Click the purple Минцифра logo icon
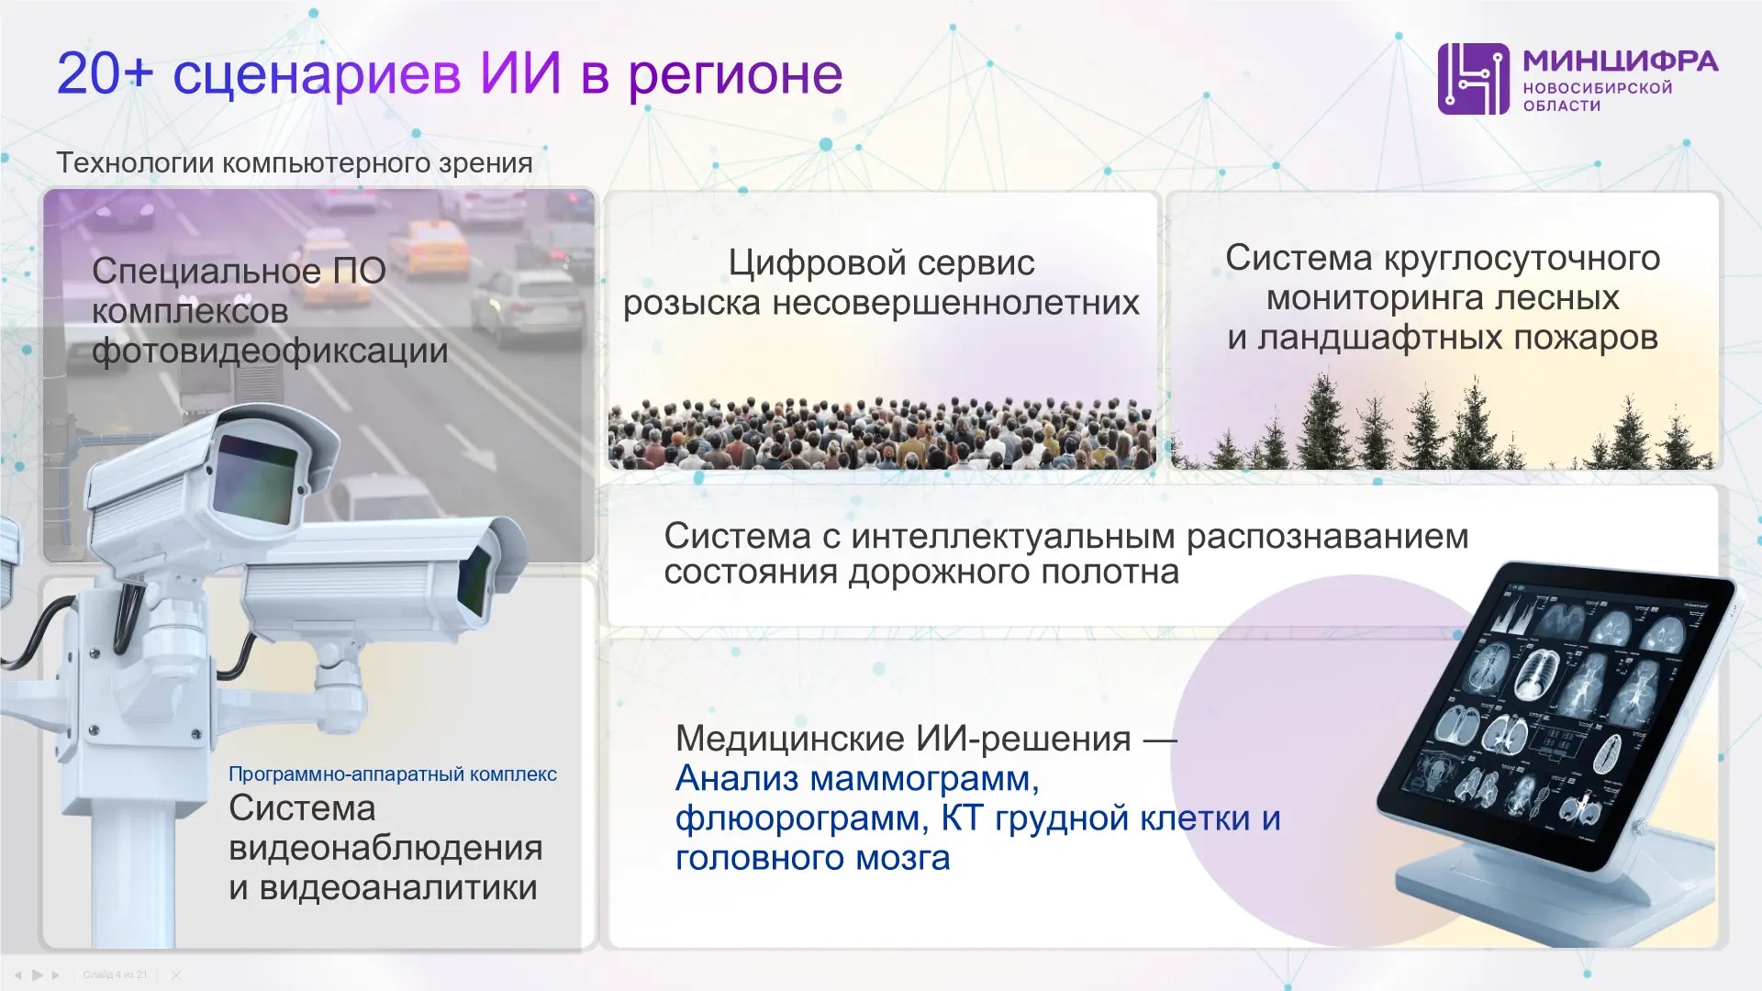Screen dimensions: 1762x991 1473,79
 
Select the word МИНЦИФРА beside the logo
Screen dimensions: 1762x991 1621,61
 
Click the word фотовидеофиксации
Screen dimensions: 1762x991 270,351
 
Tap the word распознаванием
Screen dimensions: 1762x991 1328,537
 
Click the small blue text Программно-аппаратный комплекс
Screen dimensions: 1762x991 393,774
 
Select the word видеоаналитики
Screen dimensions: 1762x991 398,888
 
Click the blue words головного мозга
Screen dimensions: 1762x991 813,859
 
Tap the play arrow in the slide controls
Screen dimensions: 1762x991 38,974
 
